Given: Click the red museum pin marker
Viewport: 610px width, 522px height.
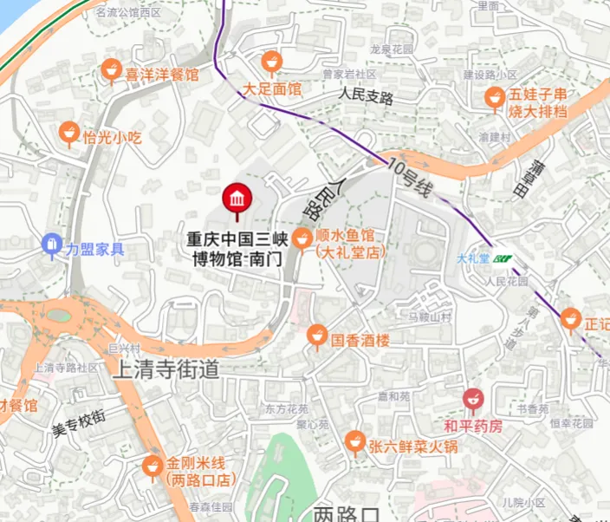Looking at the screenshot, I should [236, 199].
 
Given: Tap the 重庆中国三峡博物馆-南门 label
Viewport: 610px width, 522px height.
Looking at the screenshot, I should [236, 246].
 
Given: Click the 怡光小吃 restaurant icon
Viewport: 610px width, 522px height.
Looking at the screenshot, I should [68, 133].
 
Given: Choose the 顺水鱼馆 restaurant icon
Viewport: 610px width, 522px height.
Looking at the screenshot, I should [303, 237].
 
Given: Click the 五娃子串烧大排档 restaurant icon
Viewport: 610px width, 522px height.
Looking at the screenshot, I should [495, 97].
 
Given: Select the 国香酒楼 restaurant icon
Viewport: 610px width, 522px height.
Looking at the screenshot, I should [318, 334].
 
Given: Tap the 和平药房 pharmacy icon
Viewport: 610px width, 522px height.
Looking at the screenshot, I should [472, 400].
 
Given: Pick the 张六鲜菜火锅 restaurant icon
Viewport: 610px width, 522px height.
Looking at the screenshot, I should [354, 442].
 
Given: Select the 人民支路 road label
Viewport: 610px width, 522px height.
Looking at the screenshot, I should [367, 95].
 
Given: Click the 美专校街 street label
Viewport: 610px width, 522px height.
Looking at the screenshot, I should [78, 421].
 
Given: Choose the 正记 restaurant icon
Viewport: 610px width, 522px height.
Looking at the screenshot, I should [570, 319].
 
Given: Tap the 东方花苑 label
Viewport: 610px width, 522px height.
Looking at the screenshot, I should [286, 408].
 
